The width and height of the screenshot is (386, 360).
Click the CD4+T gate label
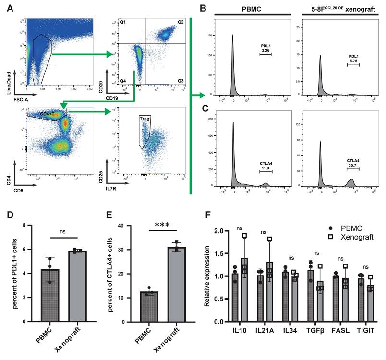(x=47, y=114)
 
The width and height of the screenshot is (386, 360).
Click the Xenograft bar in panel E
(x=161, y=282)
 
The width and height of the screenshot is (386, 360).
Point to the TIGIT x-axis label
(x=367, y=331)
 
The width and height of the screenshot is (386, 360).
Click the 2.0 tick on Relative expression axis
(x=218, y=231)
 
